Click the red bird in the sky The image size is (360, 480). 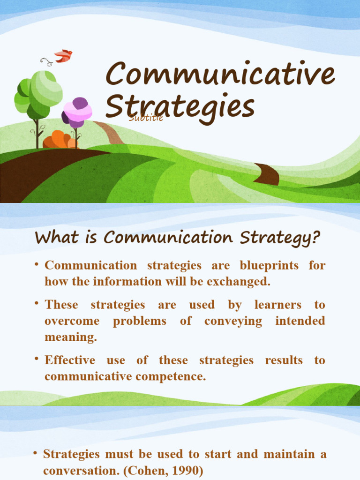point(63,56)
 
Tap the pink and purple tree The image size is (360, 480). point(78,112)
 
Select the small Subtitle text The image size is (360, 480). point(146,118)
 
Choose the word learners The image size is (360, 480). point(278,305)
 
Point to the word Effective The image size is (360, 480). point(70,360)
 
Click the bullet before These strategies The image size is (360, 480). point(36,304)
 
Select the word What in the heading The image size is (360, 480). point(52,238)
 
